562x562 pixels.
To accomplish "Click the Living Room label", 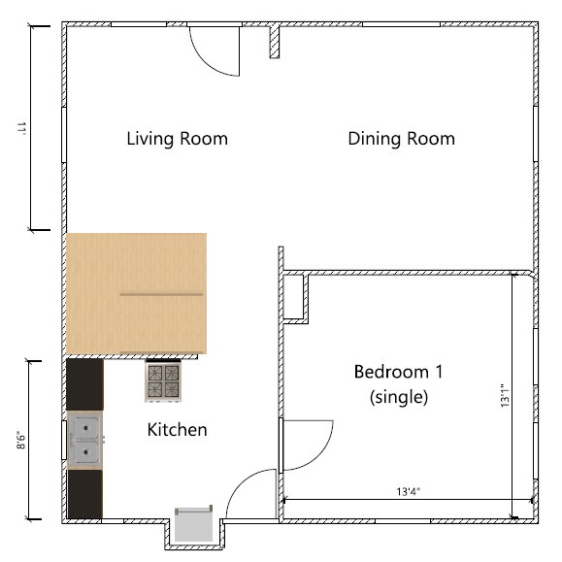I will pos(177,139).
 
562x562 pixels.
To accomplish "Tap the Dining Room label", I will pos(401,139).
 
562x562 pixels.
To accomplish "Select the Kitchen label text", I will pos(177,429).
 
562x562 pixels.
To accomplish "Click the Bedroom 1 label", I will pos(398,372).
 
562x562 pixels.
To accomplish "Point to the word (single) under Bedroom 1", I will pos(399,397).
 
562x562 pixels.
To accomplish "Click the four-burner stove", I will pos(162,381).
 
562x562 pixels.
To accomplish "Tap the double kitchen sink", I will pos(85,440).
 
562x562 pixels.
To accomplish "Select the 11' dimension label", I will pos(18,127).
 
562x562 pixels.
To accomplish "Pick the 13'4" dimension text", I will pos(408,492).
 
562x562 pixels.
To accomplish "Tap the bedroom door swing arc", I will pos(309,445).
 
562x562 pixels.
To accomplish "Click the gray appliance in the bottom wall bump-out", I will pos(193,524).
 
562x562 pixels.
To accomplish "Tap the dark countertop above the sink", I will pos(84,384).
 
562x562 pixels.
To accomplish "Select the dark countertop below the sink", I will pos(84,494).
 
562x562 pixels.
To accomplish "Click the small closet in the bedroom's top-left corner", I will pos(294,296).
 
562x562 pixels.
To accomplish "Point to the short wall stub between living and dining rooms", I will pos(275,42).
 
